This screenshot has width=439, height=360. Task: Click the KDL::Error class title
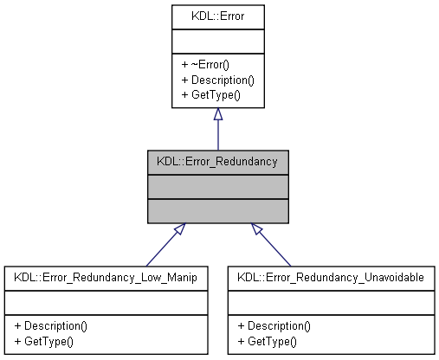217,15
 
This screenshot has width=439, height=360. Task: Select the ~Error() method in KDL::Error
204,66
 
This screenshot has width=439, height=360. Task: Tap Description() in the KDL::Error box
217,80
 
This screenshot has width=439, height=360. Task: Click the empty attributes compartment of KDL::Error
217,41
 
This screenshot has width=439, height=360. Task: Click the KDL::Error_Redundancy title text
217,161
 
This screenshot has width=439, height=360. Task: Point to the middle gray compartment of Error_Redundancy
217,185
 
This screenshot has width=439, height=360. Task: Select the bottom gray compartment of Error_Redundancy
217,209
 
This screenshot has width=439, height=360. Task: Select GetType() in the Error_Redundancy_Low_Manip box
42,340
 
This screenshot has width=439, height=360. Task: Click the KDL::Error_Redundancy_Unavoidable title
332,278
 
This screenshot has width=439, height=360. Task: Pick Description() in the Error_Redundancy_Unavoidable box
274,326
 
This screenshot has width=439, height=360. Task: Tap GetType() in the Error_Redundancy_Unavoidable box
267,340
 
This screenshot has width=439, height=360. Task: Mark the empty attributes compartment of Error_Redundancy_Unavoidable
332,302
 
